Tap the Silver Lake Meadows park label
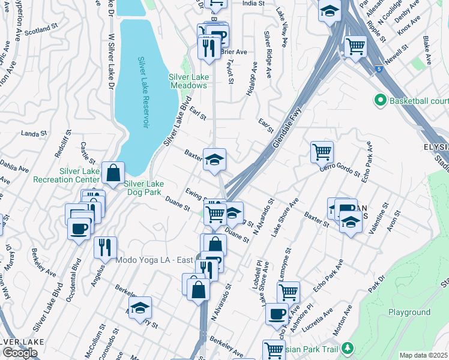coord(188,81)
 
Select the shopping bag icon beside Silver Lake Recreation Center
coord(113,173)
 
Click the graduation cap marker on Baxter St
coord(214,160)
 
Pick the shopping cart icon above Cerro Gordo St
coord(322,152)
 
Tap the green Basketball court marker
coord(379,100)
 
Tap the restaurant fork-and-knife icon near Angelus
coord(105,247)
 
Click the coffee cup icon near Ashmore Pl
coord(277,314)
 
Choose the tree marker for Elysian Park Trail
coord(347,348)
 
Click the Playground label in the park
coord(409,312)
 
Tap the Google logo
coord(20,353)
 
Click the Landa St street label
coord(34,133)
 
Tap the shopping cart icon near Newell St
coord(356,46)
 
